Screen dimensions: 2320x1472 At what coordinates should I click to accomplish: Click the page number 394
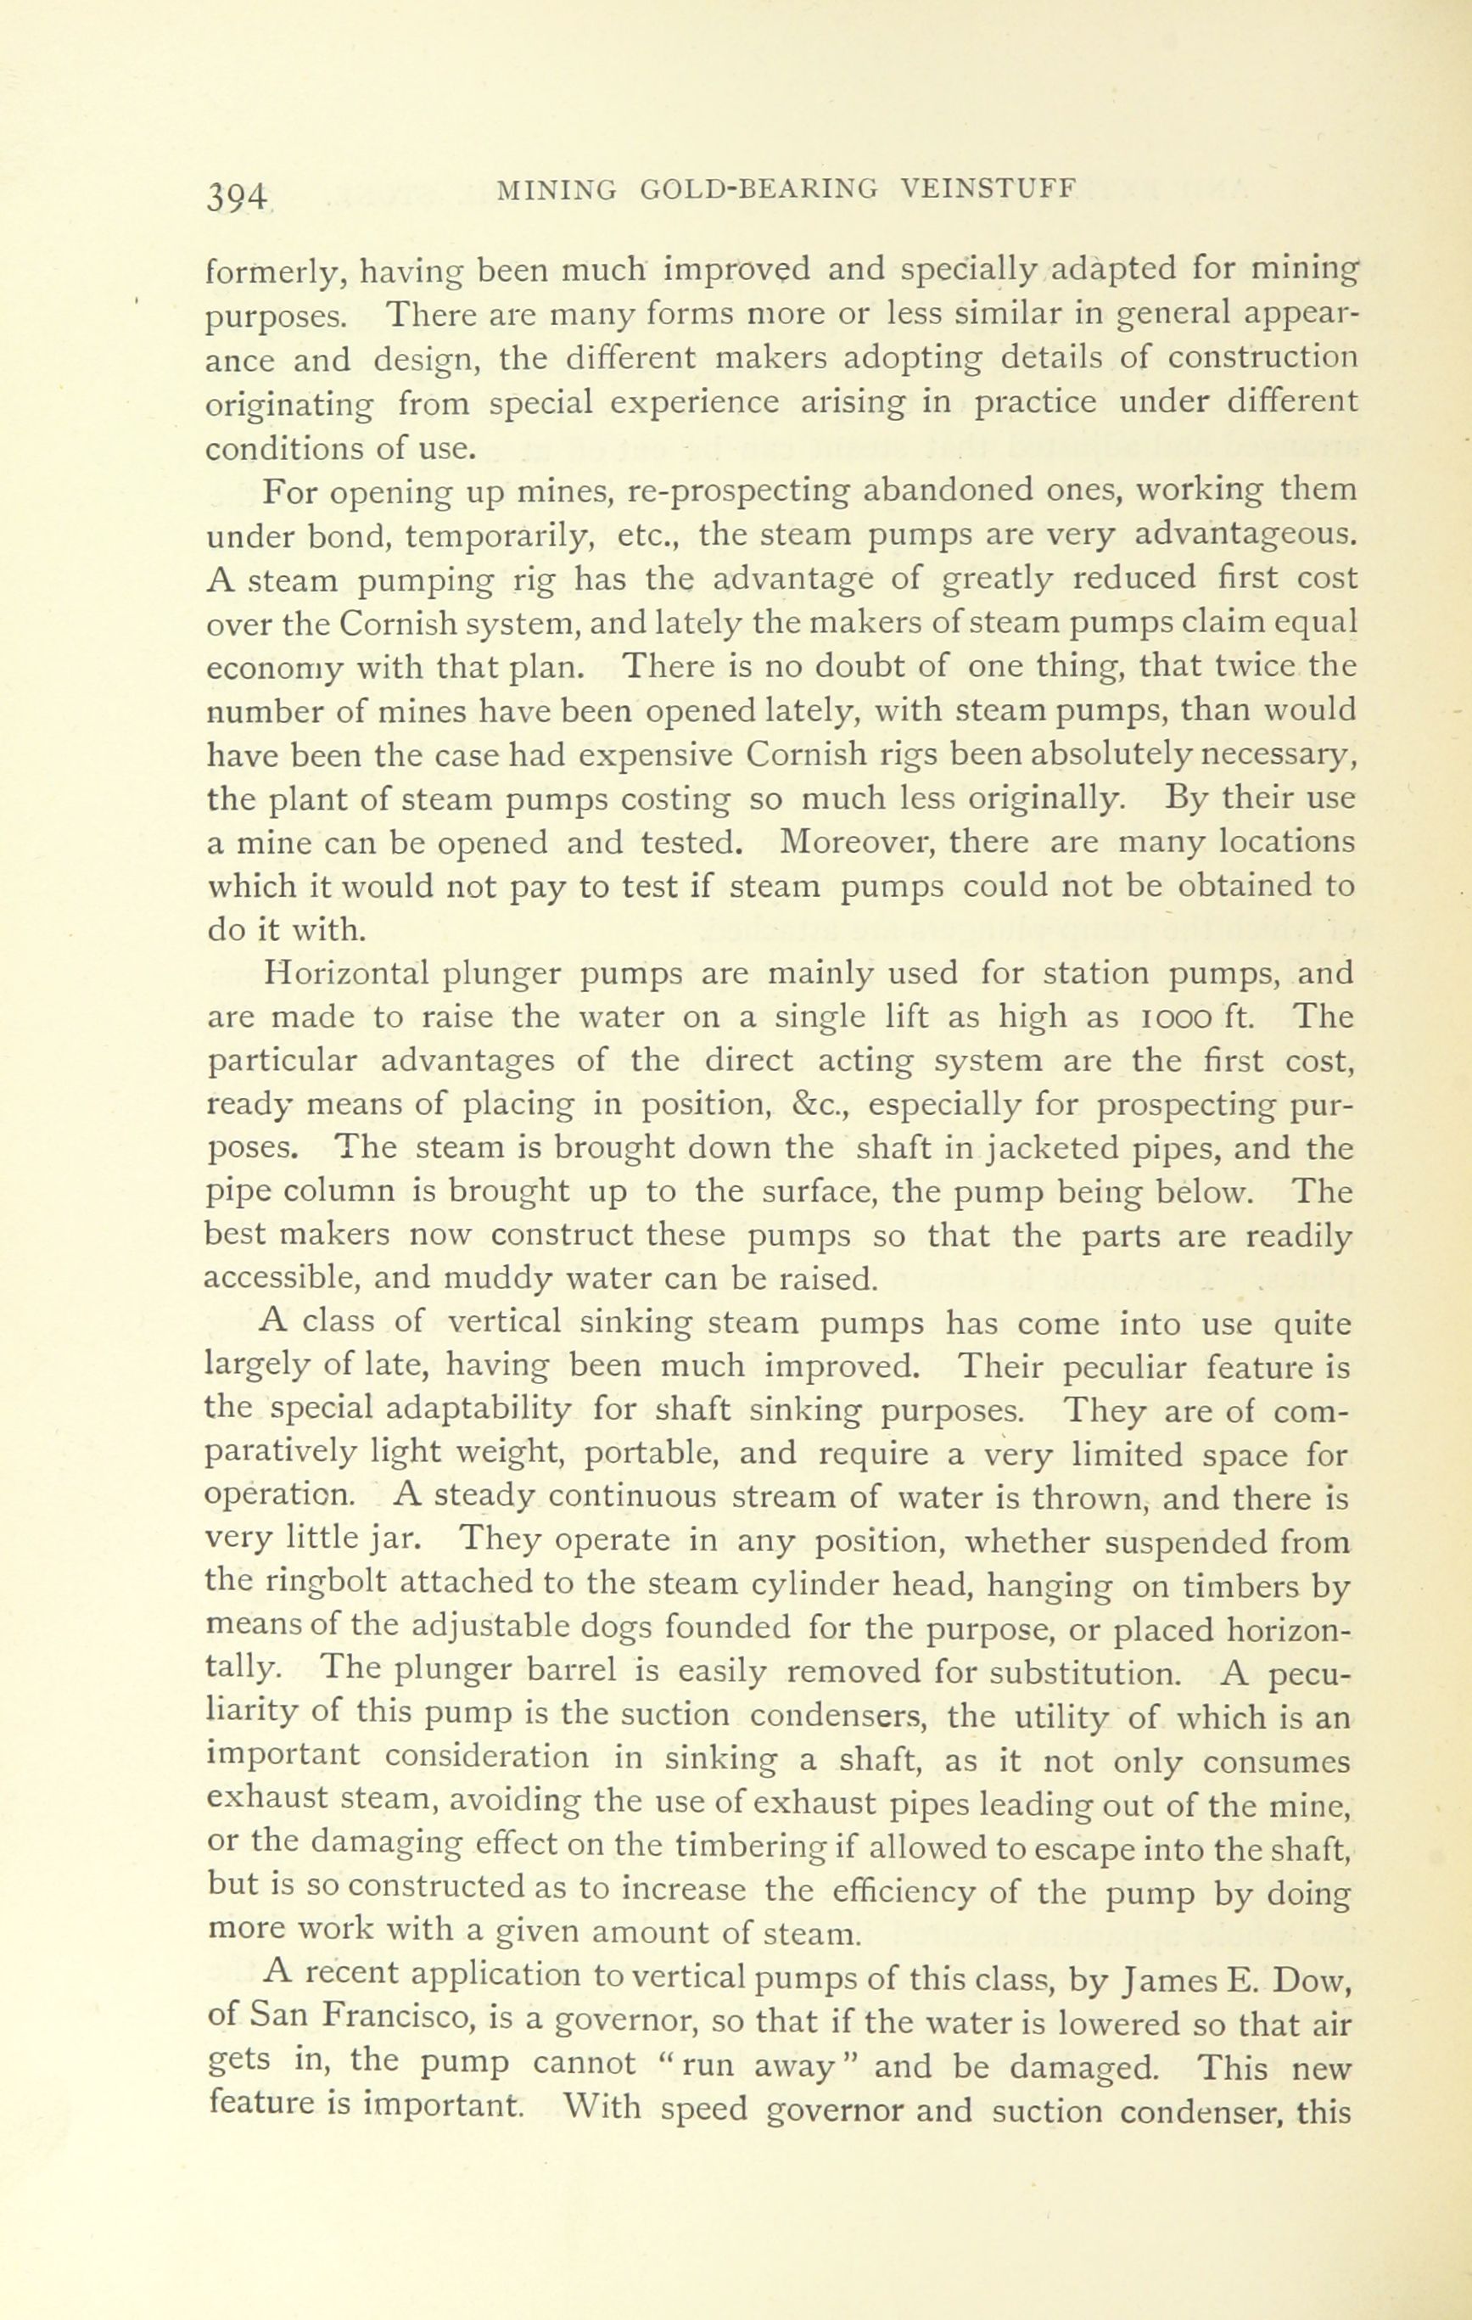point(236,197)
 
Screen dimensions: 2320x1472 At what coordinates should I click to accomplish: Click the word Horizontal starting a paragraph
point(346,973)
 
